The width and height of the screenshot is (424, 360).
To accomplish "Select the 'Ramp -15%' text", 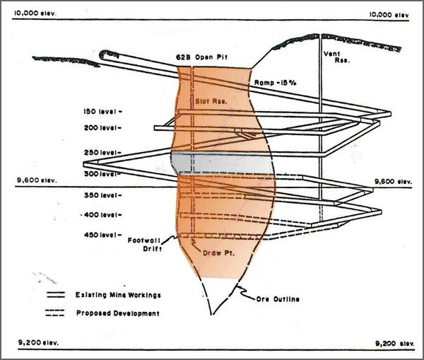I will click(x=276, y=83).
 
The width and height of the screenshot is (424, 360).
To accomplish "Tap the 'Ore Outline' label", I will click(x=277, y=299).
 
